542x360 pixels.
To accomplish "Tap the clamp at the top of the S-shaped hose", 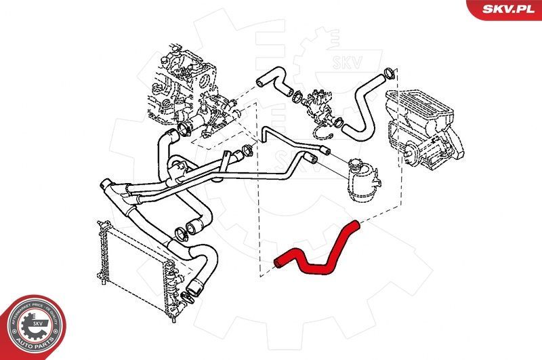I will pos(389,72).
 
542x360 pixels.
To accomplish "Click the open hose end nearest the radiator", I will pos(196,289).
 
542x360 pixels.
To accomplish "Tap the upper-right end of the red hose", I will pos(353,224).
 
